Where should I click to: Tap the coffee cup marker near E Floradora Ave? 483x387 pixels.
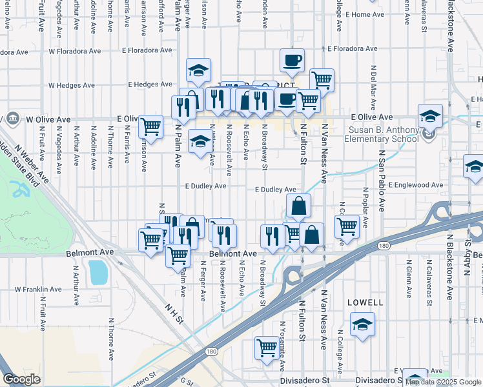292,61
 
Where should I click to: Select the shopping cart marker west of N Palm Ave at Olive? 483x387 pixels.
150,126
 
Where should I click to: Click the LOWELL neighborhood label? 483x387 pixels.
365,302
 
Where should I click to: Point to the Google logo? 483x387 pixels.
21,379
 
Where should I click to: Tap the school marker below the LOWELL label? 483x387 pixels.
362,324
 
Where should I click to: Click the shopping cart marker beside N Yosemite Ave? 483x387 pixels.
266,348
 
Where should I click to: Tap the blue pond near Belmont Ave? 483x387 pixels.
99,272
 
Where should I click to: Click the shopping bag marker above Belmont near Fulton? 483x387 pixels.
298,206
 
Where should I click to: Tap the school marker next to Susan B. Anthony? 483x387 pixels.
430,116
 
